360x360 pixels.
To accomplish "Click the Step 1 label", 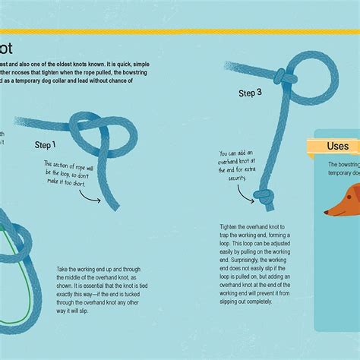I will pos(50,143).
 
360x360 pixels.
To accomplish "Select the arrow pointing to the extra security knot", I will pos(244,191).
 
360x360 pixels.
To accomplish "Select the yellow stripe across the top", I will pos(180,33).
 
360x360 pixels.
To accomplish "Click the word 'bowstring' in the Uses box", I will pos(349,165).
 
